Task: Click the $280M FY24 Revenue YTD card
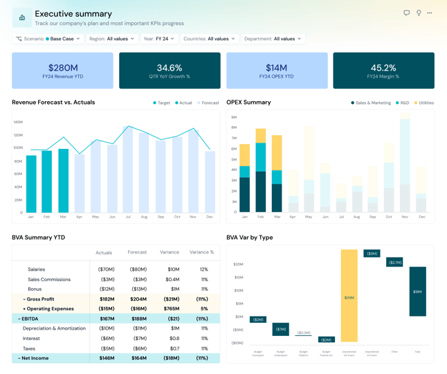click(x=62, y=70)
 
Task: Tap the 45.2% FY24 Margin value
click(x=383, y=68)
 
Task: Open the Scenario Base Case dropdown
click(x=48, y=39)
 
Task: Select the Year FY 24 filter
click(x=158, y=39)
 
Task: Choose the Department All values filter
click(x=273, y=39)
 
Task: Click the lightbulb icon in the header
click(x=418, y=13)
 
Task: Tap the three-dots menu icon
click(x=430, y=13)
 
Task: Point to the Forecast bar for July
click(x=128, y=169)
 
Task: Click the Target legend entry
click(x=162, y=103)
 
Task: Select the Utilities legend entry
click(x=424, y=103)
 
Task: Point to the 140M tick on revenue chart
click(x=18, y=122)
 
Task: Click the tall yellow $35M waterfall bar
click(x=349, y=296)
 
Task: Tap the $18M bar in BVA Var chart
click(x=417, y=292)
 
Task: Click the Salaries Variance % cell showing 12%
click(x=204, y=269)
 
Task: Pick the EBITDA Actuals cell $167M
click(x=107, y=319)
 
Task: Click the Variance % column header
click(x=202, y=252)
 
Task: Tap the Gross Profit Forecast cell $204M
click(x=138, y=299)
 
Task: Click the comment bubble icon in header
click(x=406, y=13)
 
